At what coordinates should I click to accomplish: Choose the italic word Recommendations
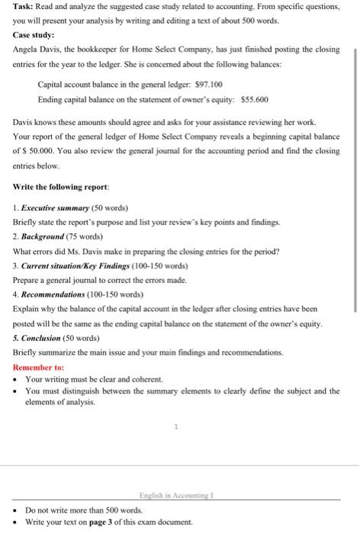(56, 294)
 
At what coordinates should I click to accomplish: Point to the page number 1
(176, 427)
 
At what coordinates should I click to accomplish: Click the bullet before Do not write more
(16, 510)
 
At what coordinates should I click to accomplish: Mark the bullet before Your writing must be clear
(16, 378)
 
